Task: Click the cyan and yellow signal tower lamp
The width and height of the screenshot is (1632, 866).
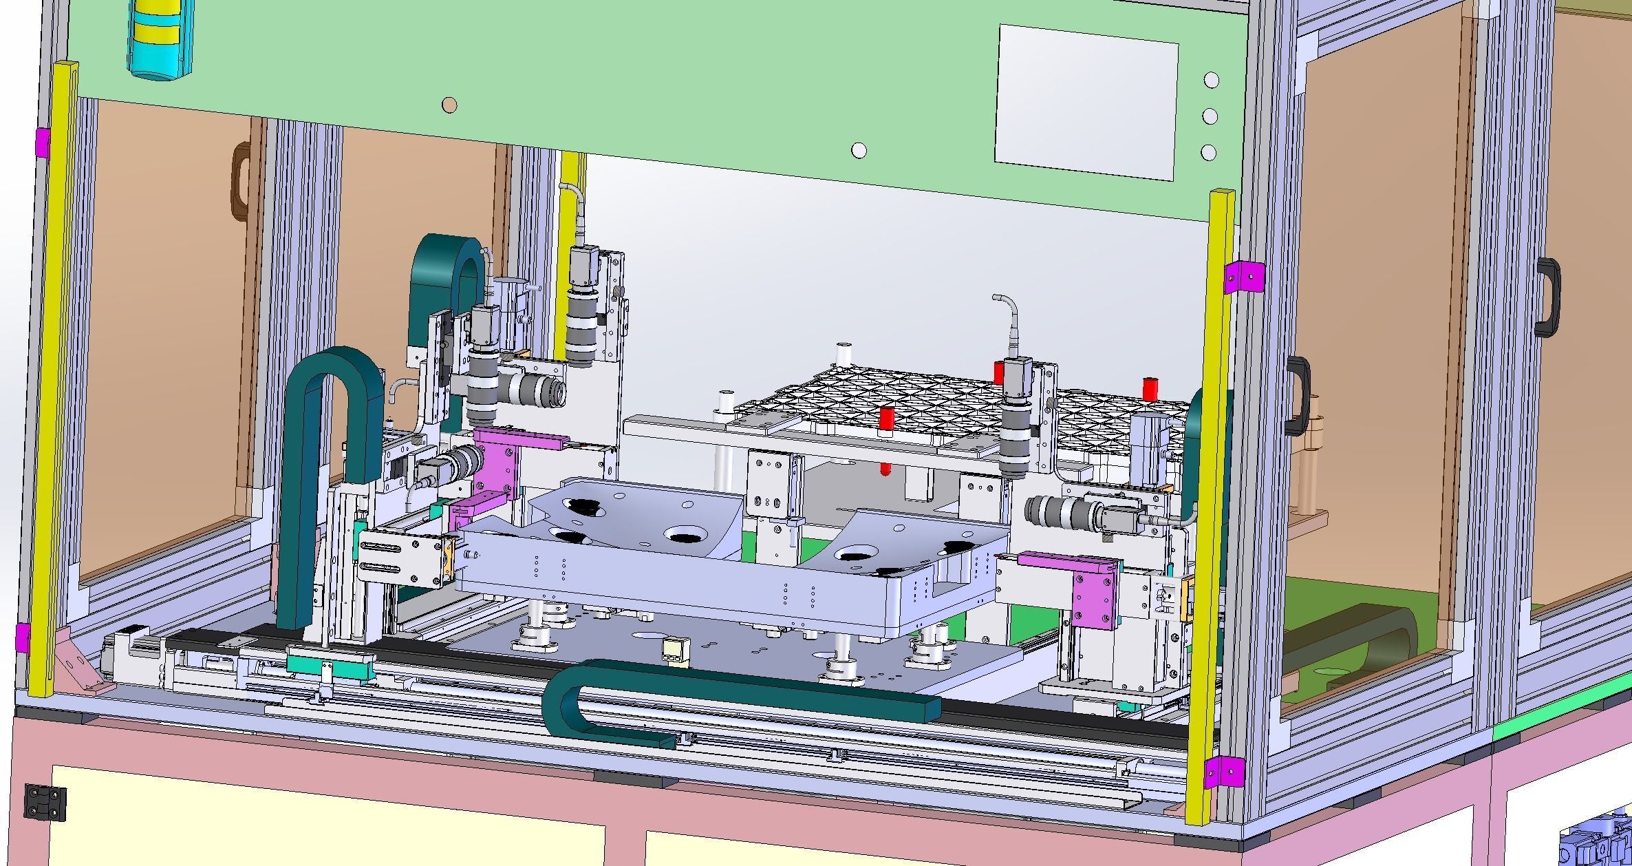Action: pos(158,38)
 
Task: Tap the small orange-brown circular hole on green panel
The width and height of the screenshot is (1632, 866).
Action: pos(449,105)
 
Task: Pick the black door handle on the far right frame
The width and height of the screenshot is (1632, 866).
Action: pos(1548,296)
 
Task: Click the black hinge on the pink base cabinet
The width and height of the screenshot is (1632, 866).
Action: pos(45,803)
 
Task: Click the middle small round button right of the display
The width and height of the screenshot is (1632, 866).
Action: pos(1210,116)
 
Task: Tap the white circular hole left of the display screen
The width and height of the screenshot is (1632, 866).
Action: pos(859,149)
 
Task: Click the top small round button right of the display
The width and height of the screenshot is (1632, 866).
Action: pos(1212,80)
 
